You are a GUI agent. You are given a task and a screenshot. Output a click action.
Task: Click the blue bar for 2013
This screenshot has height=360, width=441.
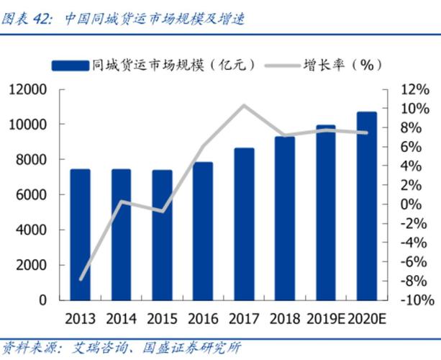[x=80, y=234]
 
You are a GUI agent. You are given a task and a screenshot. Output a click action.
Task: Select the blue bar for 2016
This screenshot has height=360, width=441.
[x=203, y=230]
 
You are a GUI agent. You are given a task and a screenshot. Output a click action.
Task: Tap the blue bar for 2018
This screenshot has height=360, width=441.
[x=285, y=217]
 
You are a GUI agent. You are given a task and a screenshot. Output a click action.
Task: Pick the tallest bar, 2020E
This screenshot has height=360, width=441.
[x=367, y=205]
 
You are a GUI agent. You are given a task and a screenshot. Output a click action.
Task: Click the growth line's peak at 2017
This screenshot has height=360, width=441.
[x=244, y=106]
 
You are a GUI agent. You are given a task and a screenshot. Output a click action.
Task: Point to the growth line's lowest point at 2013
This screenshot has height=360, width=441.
[x=81, y=279]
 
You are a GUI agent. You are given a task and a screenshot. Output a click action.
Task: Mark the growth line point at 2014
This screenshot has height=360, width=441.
[x=122, y=202]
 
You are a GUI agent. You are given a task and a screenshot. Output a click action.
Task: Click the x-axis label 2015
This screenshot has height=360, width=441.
[x=162, y=318]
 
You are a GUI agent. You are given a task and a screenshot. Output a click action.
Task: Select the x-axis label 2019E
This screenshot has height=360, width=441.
[x=324, y=318]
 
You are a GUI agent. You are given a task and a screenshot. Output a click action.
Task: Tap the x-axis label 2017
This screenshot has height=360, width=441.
[x=244, y=318]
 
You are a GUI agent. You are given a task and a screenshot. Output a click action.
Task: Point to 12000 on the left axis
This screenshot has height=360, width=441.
[x=28, y=90]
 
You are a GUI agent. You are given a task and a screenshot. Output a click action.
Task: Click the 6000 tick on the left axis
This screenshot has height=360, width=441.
[x=32, y=195]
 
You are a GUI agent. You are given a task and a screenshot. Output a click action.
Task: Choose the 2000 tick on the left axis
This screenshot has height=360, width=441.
[x=32, y=265]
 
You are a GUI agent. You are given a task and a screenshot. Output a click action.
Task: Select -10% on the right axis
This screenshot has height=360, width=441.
[x=414, y=300]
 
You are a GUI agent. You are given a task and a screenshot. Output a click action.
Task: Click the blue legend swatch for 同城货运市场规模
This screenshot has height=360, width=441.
[x=71, y=65]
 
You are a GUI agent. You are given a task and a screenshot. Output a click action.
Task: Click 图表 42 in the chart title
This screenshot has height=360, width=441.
[x=27, y=19]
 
